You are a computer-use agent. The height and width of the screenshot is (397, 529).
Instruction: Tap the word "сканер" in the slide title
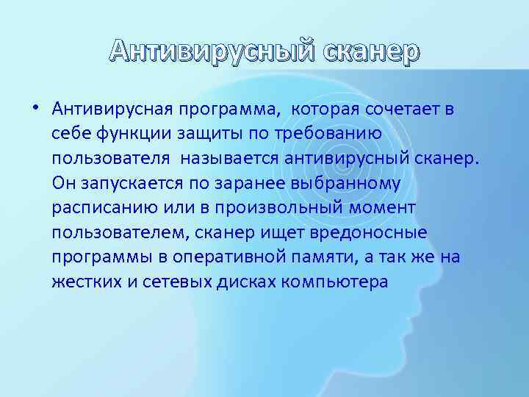click(369, 51)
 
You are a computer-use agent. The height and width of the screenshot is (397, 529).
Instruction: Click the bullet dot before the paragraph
click(35, 110)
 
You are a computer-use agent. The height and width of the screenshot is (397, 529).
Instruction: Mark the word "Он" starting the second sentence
click(63, 182)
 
